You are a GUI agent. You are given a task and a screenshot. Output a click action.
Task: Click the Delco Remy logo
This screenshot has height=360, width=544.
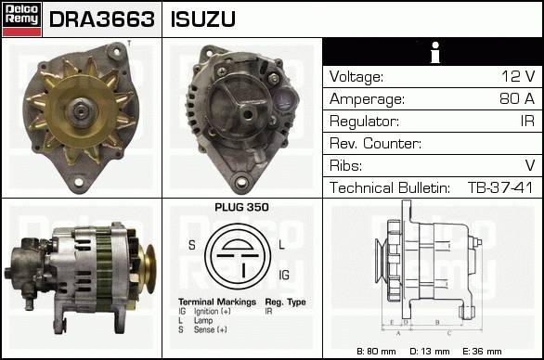22,19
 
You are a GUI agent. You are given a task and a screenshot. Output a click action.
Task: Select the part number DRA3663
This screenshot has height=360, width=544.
102,19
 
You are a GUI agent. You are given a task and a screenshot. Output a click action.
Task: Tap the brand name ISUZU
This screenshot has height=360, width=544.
203,19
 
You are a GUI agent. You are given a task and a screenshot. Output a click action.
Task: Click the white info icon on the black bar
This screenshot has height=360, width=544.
434,52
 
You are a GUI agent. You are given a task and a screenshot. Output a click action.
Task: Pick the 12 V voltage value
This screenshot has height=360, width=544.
518,76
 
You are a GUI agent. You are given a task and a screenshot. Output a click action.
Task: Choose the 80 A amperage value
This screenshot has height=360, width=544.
517,98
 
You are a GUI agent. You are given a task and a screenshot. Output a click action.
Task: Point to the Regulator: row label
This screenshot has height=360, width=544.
364,122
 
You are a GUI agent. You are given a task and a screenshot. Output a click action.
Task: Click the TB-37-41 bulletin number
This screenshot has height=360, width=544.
500,187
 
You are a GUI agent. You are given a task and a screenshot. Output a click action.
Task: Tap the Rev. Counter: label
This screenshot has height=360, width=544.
375,143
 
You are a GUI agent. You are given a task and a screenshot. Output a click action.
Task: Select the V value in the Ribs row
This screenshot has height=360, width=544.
530,165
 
